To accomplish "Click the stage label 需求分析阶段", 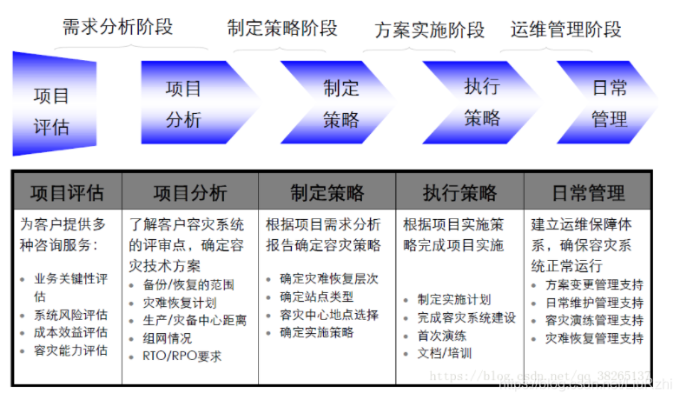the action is tap(117, 27).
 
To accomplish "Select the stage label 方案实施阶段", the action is tap(430, 30).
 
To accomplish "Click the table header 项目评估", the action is tap(67, 192).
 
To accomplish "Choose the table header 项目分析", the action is tap(190, 192).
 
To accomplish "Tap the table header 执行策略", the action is tap(460, 192).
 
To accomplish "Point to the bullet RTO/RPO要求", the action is tap(182, 355).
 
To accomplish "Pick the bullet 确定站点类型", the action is tap(317, 297).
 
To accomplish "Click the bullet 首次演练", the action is tap(441, 335).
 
